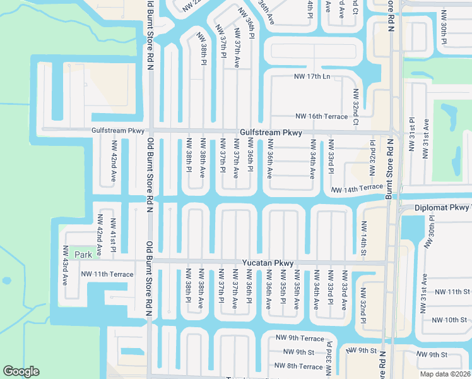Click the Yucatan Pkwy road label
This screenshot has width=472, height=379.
pyautogui.click(x=268, y=263)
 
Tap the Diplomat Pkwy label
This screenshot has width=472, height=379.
pyautogui.click(x=442, y=208)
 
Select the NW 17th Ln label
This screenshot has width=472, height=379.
pyautogui.click(x=312, y=77)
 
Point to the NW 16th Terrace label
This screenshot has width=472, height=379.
pyautogui.click(x=321, y=117)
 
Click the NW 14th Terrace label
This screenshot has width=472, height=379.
pyautogui.click(x=357, y=188)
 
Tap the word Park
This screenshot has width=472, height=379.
pyautogui.click(x=83, y=254)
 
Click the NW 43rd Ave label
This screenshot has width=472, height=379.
pyautogui.click(x=65, y=265)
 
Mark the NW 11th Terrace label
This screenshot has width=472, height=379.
pyautogui.click(x=107, y=274)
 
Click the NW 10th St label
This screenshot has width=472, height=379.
pyautogui.click(x=449, y=320)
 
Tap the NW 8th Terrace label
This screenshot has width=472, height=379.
pyautogui.click(x=298, y=366)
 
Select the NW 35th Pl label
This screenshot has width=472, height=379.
pyautogui.click(x=283, y=289)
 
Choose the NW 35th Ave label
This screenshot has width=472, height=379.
pyautogui.click(x=297, y=289)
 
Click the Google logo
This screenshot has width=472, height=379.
pyautogui.click(x=21, y=371)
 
